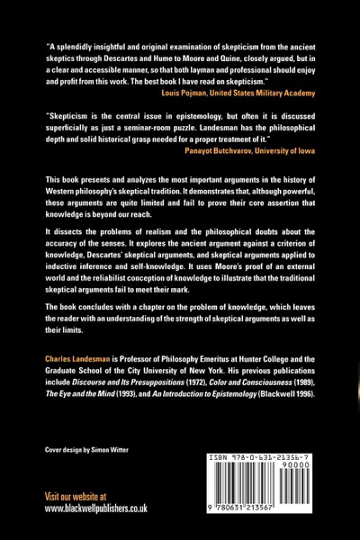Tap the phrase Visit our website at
click(x=76, y=496)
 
